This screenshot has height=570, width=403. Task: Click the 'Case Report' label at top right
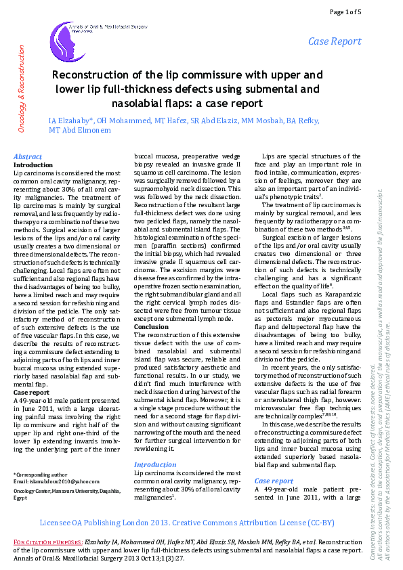[x=335, y=42]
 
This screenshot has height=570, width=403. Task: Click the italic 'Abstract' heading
[x=28, y=156]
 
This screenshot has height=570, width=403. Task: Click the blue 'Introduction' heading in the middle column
[x=155, y=445]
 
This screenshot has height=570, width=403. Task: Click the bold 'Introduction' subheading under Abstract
[x=33, y=165]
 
